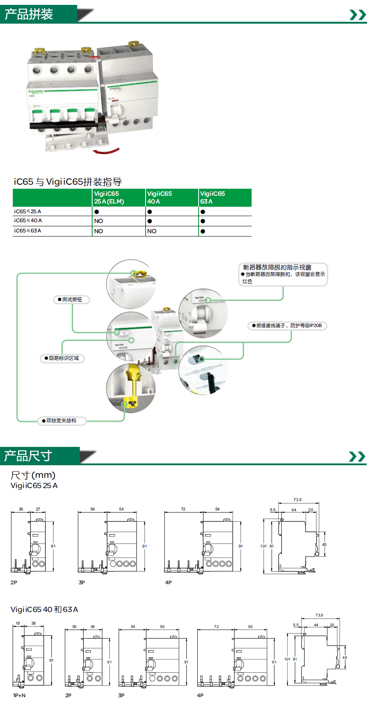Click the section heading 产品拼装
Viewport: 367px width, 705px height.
29,14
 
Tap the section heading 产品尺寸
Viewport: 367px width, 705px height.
28,455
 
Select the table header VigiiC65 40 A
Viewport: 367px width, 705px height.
159,197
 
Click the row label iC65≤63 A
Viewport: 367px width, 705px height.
28,231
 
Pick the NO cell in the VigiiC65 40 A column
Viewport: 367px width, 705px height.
152,231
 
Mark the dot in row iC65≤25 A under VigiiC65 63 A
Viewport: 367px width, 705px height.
203,212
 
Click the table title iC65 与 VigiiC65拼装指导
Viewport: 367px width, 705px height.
68,182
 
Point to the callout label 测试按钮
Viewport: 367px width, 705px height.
71,300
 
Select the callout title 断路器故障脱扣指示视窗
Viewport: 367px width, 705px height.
277,267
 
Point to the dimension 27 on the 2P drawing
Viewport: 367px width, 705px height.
38,509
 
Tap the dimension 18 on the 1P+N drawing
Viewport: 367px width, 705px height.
18,623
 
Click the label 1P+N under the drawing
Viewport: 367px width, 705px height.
19,696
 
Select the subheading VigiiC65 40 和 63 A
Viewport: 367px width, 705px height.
44,610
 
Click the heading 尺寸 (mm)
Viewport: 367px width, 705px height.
33,475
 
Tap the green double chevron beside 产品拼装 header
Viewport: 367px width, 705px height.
358,15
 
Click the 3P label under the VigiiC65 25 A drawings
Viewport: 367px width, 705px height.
82,583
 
